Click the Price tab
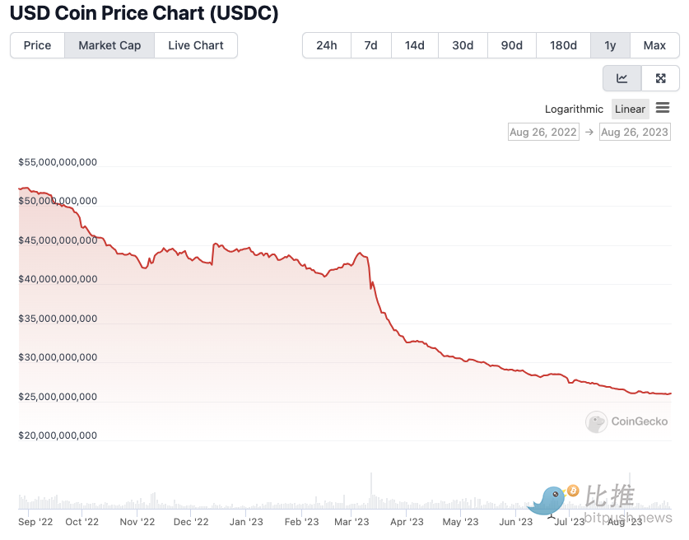click(37, 45)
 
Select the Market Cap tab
click(109, 45)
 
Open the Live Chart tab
click(196, 45)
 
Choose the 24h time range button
click(327, 45)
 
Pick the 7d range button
click(370, 45)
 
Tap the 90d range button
click(512, 45)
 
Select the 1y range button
click(610, 45)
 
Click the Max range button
click(654, 45)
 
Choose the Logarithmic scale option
click(574, 109)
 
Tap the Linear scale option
click(631, 109)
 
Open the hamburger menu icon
click(663, 108)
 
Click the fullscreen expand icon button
click(660, 78)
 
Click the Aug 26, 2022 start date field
click(542, 132)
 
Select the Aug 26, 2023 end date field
click(635, 132)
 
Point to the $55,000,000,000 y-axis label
click(58, 162)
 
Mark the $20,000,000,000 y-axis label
click(58, 435)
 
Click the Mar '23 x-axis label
click(351, 521)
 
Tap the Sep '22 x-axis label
click(35, 521)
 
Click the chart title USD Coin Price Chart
click(144, 13)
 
